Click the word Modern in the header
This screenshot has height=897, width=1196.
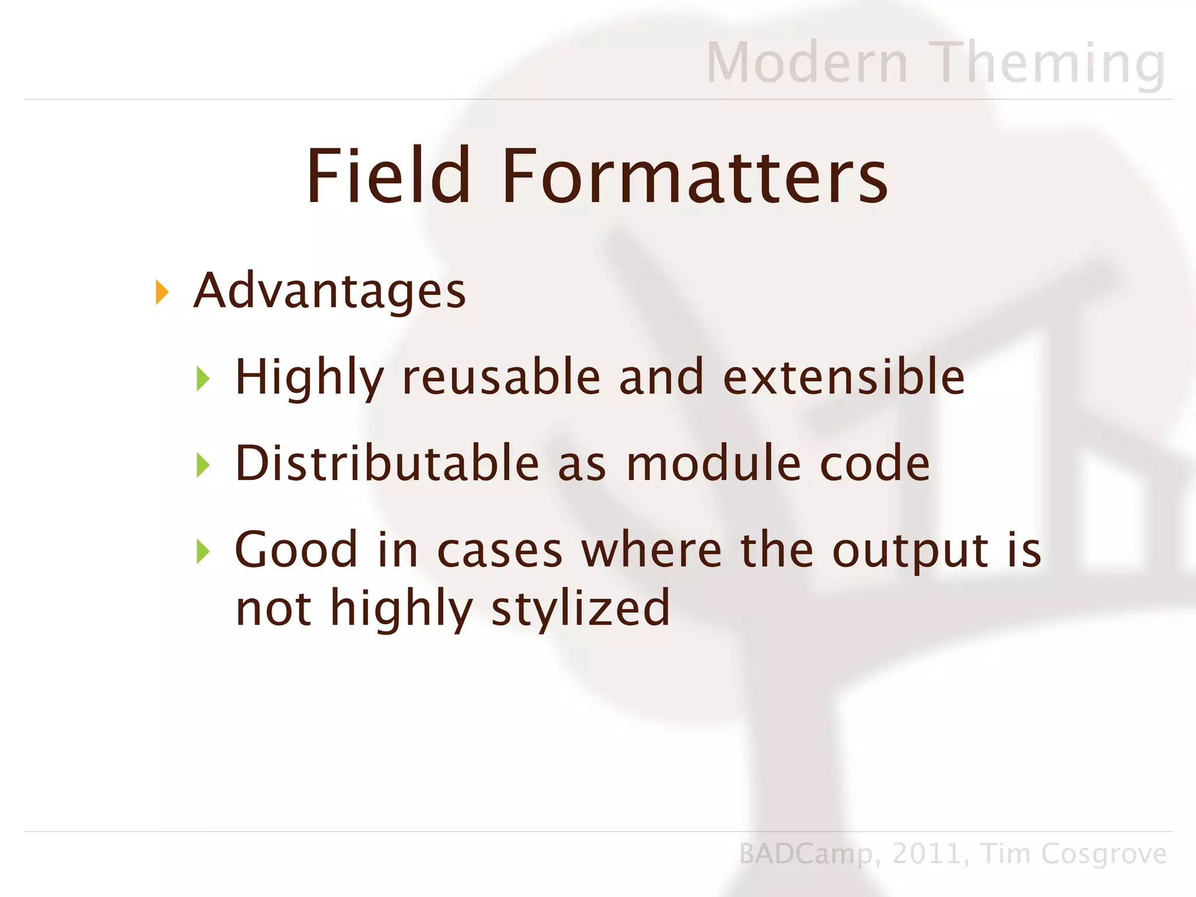807,62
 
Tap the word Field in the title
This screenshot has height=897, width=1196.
388,176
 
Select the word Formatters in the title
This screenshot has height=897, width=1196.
694,176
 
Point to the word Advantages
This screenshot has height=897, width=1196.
330,291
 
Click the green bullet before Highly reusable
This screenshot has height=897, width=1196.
203,378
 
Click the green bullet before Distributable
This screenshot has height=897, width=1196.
203,465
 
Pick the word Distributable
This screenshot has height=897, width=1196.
387,464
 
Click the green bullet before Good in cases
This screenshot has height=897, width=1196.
203,551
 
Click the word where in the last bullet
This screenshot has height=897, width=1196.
652,550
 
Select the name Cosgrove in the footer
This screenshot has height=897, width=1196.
1104,854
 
